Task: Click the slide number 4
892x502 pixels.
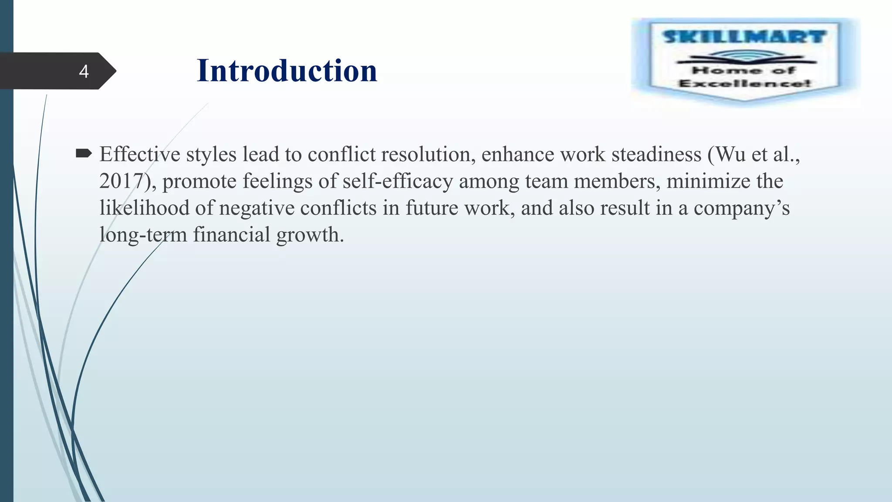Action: click(84, 71)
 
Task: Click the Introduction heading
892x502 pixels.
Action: click(287, 71)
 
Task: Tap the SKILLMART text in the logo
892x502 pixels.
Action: click(744, 37)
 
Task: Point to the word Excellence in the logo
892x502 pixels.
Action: click(744, 83)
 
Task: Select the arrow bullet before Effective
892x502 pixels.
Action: click(84, 153)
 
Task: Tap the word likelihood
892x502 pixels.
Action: click(144, 208)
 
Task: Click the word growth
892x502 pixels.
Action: click(310, 235)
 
